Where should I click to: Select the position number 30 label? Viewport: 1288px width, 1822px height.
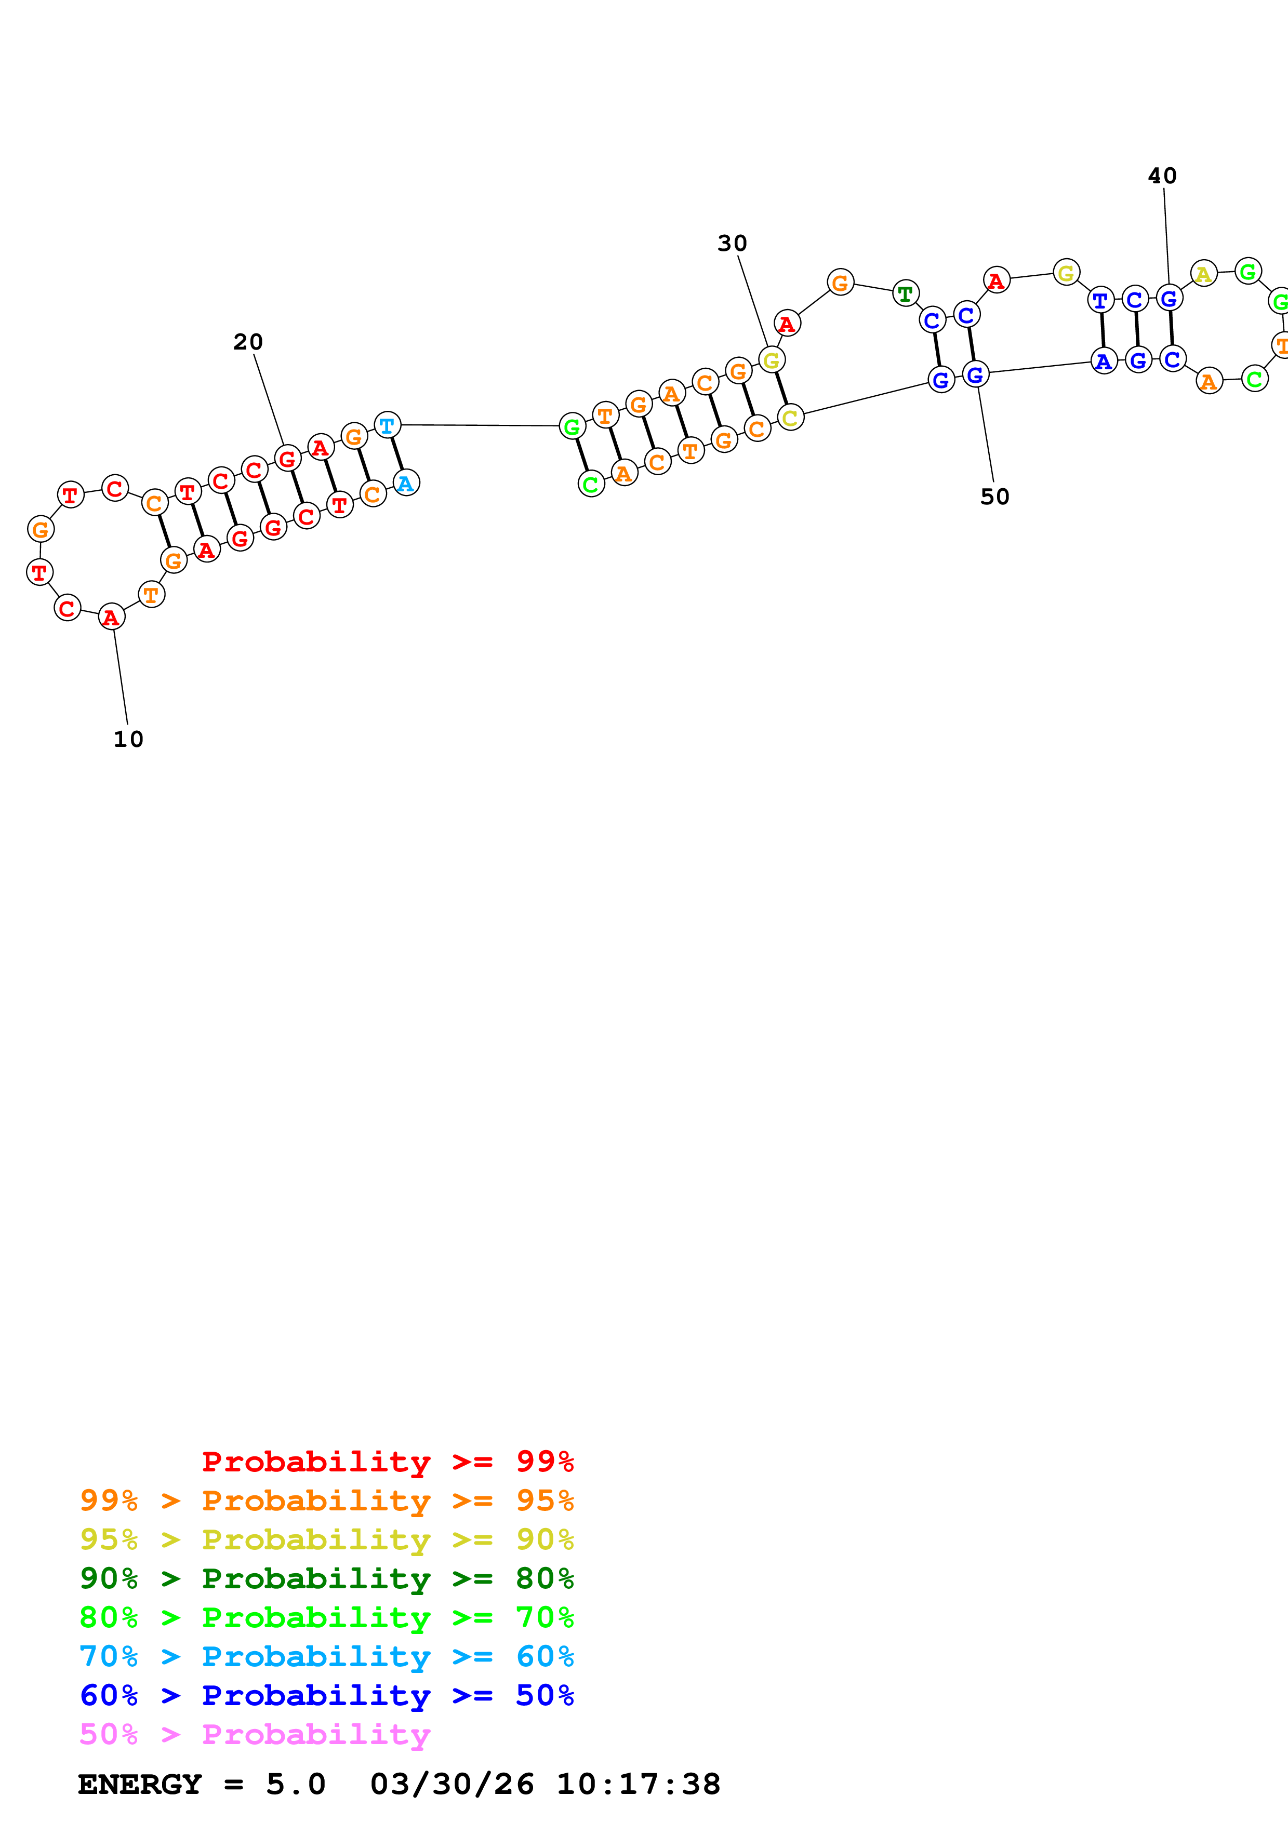732,243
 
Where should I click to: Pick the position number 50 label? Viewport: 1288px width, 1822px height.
994,496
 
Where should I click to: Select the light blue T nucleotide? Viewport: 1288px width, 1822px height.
387,425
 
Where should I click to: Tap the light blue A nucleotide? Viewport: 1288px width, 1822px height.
406,483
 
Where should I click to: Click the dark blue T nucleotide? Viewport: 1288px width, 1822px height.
1100,301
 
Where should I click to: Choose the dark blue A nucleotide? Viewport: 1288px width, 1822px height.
1103,361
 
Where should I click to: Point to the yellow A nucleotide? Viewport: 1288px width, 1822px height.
1203,274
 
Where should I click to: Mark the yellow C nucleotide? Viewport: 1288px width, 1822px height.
790,418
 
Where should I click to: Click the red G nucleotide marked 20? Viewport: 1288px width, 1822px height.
287,458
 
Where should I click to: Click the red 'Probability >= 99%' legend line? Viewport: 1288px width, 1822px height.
387,1461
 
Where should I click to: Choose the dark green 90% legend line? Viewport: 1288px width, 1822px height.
326,1578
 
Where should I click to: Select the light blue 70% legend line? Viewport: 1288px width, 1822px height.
326,1656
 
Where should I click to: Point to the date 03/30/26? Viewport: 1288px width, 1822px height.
452,1784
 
